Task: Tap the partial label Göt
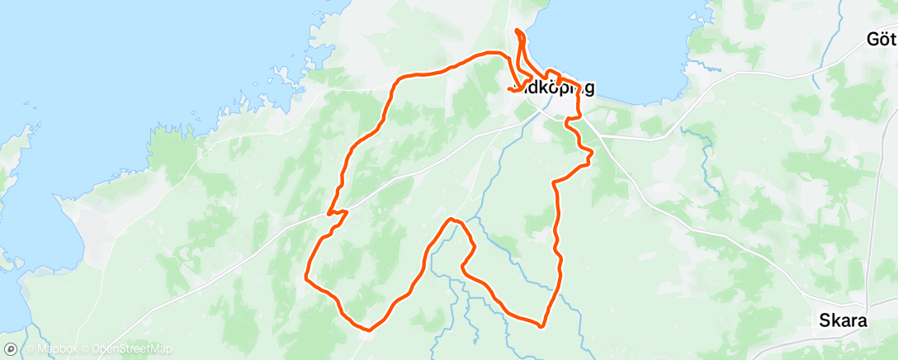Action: point(881,39)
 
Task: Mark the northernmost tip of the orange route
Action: point(518,31)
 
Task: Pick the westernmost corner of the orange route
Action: point(306,277)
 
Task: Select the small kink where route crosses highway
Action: point(337,214)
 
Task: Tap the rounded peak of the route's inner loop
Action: point(451,220)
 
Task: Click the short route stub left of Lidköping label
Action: point(513,88)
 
